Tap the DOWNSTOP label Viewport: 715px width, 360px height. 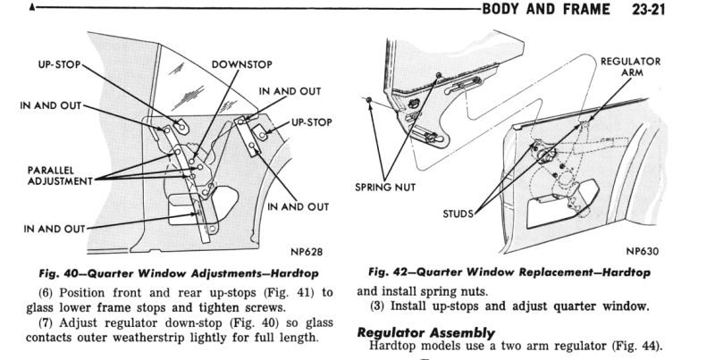pos(241,65)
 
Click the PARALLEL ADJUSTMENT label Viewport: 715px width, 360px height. pos(46,174)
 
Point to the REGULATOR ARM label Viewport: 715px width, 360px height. pos(630,68)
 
